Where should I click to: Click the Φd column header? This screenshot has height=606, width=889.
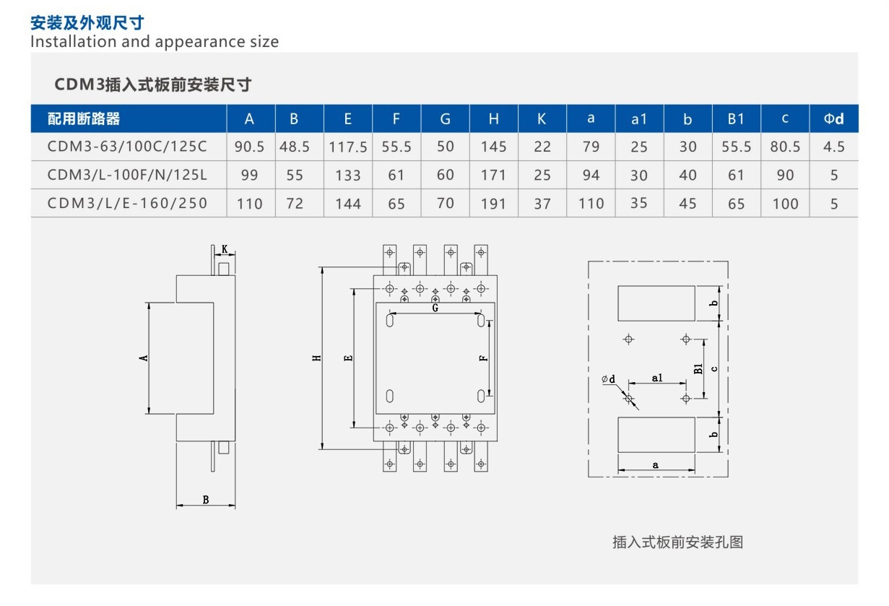pyautogui.click(x=833, y=119)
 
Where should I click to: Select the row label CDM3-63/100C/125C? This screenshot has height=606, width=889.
pyautogui.click(x=127, y=147)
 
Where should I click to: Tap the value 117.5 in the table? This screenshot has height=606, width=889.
pyautogui.click(x=348, y=147)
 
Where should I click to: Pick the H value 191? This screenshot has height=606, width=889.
pyautogui.click(x=493, y=204)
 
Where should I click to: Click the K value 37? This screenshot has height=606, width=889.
pyautogui.click(x=542, y=204)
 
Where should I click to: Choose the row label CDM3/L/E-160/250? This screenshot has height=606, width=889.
pyautogui.click(x=127, y=203)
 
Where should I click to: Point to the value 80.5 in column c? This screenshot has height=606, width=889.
pyautogui.click(x=785, y=147)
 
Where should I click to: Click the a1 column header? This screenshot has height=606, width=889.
pyautogui.click(x=639, y=119)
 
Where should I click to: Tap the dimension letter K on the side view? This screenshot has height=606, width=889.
pyautogui.click(x=225, y=249)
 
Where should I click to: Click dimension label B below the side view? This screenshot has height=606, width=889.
pyautogui.click(x=206, y=499)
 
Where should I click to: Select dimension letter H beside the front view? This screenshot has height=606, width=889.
pyautogui.click(x=316, y=358)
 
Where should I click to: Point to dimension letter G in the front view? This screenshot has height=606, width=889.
pyautogui.click(x=435, y=308)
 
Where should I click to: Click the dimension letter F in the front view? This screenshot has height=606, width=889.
pyautogui.click(x=484, y=357)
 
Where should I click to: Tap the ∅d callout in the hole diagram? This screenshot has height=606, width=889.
pyautogui.click(x=607, y=379)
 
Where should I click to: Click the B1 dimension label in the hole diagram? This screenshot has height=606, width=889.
pyautogui.click(x=698, y=368)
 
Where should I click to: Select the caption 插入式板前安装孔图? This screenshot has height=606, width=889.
pyautogui.click(x=677, y=542)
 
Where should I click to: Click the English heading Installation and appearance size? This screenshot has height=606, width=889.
pyautogui.click(x=155, y=41)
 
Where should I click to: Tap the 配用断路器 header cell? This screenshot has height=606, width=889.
pyautogui.click(x=84, y=119)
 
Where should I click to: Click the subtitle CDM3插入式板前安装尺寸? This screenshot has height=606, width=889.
pyautogui.click(x=153, y=85)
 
